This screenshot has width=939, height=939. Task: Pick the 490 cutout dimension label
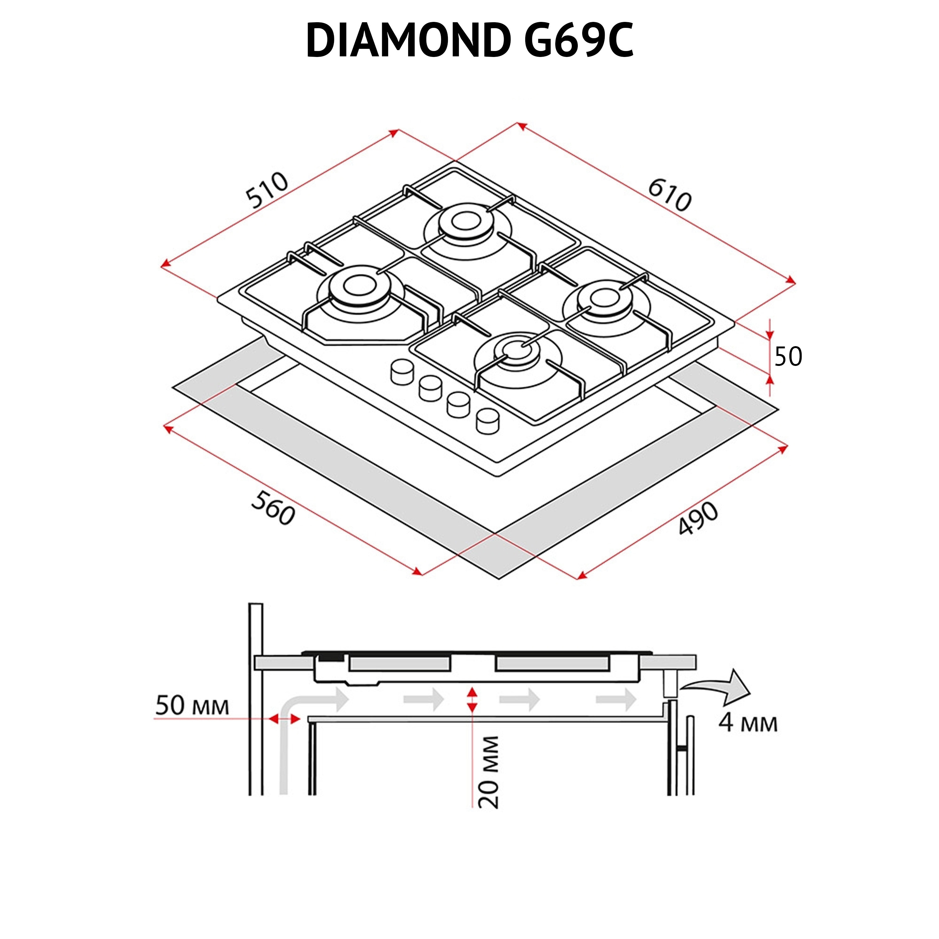click(698, 519)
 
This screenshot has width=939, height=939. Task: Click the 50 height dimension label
click(788, 357)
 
